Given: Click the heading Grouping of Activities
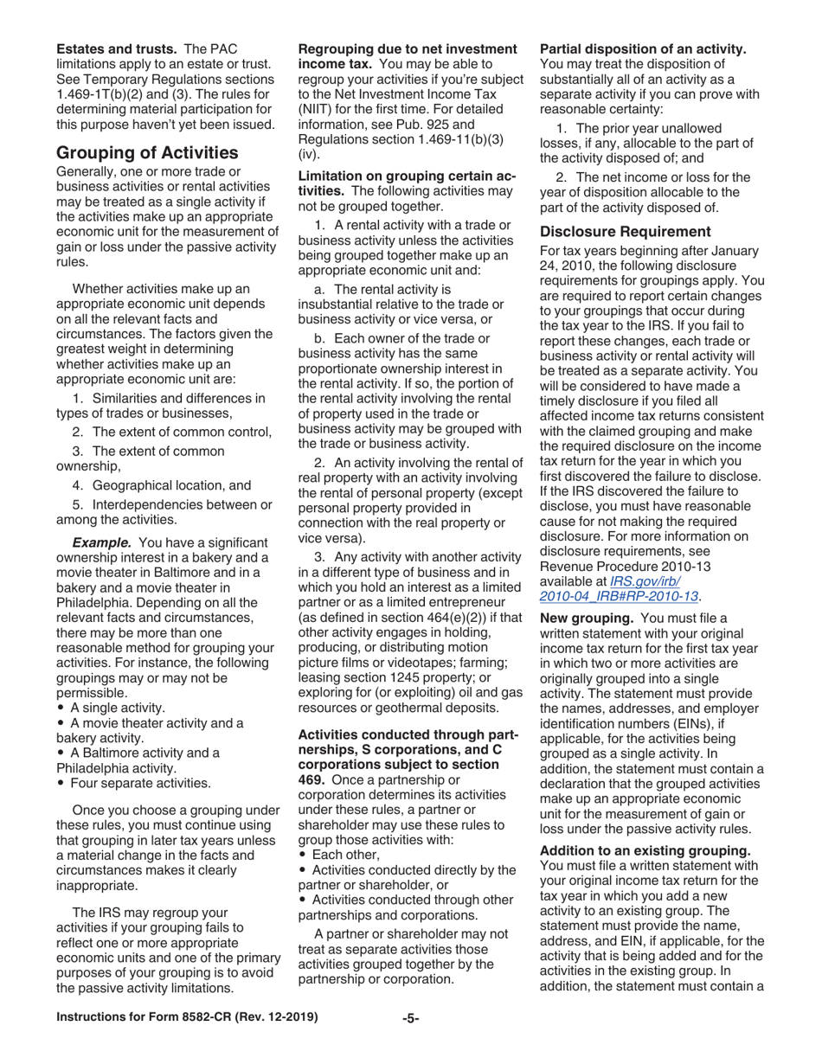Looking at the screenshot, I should tap(147, 153).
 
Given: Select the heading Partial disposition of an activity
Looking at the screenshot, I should tap(643, 48).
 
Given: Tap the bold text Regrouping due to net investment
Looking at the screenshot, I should tap(407, 48).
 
